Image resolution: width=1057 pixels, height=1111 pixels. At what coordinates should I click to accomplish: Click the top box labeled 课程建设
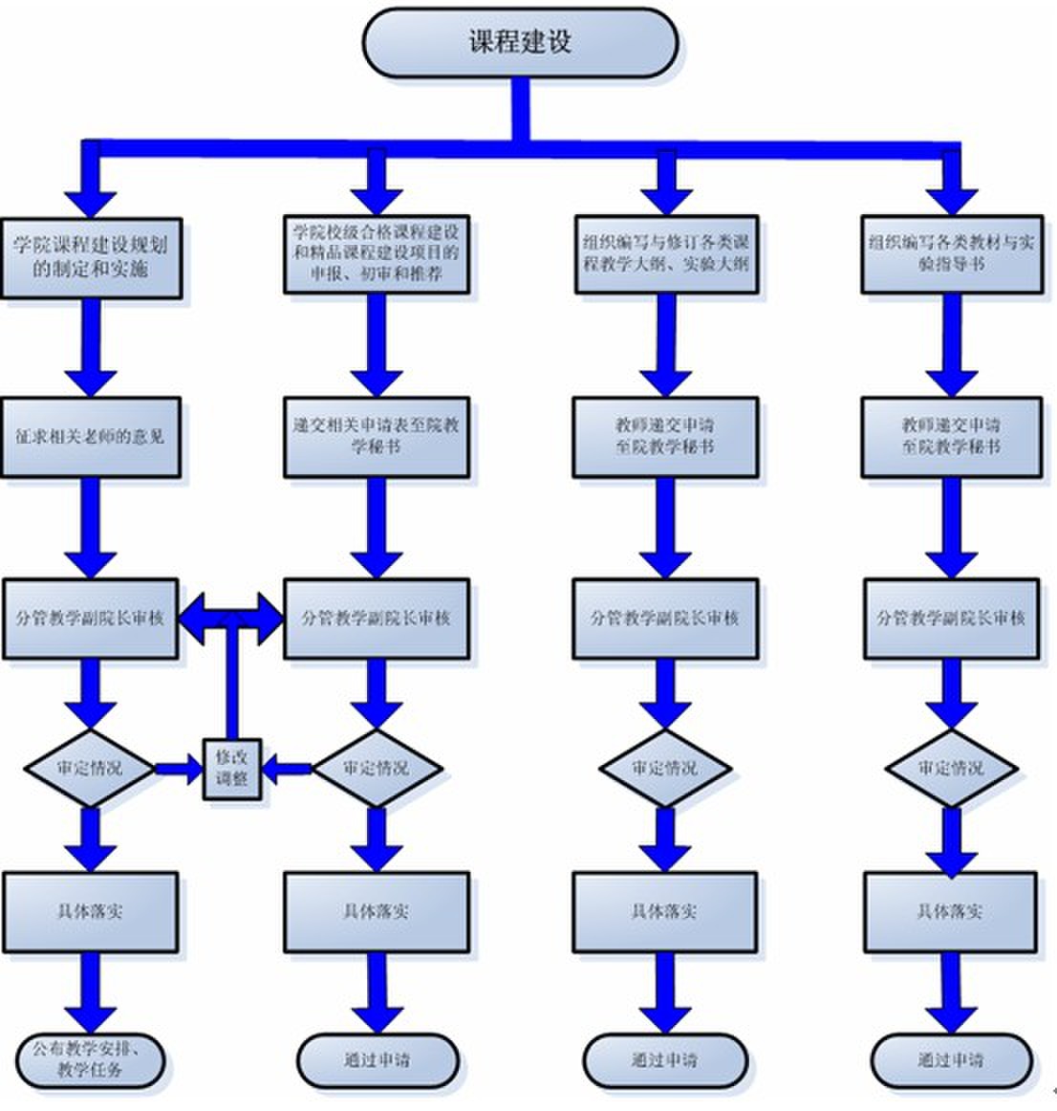click(x=520, y=42)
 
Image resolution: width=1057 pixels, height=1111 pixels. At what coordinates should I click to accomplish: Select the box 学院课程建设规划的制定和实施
click(x=91, y=257)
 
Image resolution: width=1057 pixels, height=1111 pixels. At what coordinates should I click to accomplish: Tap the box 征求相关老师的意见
click(x=91, y=437)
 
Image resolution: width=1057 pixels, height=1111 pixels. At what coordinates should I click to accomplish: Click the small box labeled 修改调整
click(x=231, y=769)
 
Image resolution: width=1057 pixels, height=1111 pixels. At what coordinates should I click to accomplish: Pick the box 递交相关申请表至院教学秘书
click(x=376, y=437)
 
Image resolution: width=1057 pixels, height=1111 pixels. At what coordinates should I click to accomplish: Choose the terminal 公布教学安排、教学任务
click(x=91, y=1059)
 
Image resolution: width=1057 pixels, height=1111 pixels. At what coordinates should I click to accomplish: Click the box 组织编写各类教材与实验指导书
click(x=951, y=253)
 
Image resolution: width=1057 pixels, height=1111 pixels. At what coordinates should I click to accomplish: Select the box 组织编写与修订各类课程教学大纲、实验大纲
click(x=665, y=253)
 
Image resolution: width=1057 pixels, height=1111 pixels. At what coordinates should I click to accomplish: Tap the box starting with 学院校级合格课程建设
click(x=376, y=253)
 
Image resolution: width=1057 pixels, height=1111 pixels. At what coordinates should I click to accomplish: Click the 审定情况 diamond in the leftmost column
click(x=90, y=768)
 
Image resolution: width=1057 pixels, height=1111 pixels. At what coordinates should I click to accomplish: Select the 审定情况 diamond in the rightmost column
click(x=950, y=768)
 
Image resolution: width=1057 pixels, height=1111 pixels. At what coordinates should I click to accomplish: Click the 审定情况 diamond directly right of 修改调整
click(x=377, y=768)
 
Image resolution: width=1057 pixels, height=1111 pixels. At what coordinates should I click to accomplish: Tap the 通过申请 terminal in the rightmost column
click(x=951, y=1059)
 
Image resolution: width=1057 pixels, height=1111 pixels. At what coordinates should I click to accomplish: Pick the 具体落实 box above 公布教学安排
click(x=91, y=911)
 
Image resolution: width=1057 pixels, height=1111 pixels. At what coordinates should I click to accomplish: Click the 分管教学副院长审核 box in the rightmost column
click(x=951, y=619)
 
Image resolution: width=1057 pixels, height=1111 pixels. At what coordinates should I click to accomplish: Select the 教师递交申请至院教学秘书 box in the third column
click(x=665, y=437)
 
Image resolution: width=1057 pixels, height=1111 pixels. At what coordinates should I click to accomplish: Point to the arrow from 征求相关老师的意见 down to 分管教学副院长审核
click(x=91, y=527)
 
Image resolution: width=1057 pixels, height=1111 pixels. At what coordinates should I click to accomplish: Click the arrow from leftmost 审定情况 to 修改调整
click(x=177, y=768)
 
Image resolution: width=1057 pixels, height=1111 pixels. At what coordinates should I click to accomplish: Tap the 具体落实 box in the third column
click(x=665, y=911)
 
